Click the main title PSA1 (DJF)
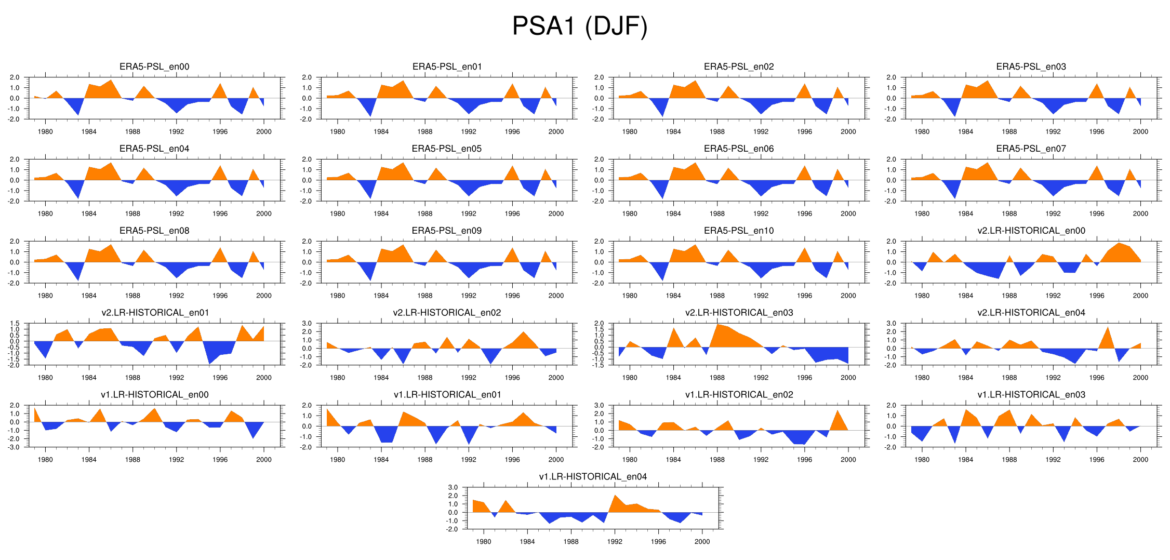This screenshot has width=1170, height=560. (580, 26)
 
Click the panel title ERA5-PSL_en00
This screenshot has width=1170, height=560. (154, 66)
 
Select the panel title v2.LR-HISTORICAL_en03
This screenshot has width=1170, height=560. (739, 312)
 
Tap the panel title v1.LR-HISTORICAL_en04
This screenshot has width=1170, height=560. (593, 476)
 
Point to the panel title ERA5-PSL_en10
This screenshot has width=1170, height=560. (739, 230)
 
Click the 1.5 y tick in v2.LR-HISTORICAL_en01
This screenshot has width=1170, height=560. (14, 324)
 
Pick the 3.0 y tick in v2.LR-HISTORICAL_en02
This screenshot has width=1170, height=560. (307, 324)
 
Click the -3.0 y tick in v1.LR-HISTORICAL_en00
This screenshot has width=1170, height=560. (14, 447)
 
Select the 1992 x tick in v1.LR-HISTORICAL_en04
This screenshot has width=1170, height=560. (615, 541)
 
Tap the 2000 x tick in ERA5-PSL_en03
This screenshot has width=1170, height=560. (1140, 131)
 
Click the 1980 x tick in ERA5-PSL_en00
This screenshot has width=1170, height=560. (45, 131)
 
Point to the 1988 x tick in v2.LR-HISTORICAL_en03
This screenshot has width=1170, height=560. (717, 378)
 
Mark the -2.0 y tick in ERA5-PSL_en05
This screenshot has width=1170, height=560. (307, 202)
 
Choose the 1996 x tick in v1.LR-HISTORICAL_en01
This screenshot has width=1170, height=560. (512, 459)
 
